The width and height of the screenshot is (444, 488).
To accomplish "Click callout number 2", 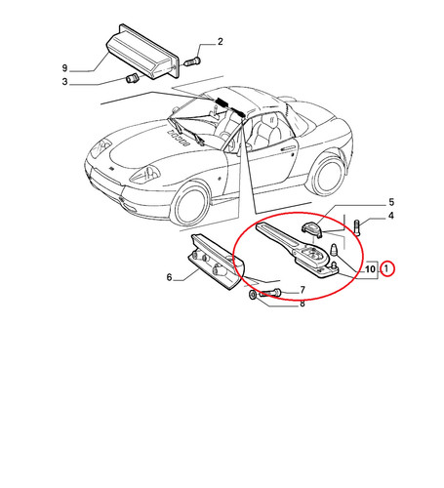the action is (x=221, y=42).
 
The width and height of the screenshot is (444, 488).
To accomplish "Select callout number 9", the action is (x=65, y=68).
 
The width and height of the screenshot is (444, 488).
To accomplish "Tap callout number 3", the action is (x=65, y=82).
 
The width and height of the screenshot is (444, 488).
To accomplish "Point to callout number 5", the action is (x=391, y=202).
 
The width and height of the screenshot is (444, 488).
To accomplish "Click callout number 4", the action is (x=391, y=216).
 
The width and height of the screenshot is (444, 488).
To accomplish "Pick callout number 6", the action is (x=169, y=277).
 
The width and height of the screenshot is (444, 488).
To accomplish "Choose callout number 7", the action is (x=303, y=290).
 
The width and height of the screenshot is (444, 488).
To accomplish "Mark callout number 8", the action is (x=303, y=304).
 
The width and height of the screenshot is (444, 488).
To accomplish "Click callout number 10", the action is (x=370, y=269).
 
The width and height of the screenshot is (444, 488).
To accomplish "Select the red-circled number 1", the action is (x=386, y=269).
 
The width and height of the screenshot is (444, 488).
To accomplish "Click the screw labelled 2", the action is (x=192, y=61).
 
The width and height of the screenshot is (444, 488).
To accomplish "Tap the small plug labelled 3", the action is (x=132, y=78).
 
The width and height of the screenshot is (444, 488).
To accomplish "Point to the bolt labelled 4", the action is (x=357, y=228).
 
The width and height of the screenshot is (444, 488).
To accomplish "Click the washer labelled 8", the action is (x=253, y=295).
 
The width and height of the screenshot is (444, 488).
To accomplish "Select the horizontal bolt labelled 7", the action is (x=270, y=293).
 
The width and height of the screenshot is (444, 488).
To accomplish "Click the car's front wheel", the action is (x=190, y=205).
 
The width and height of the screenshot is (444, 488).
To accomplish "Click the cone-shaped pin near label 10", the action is (x=334, y=249).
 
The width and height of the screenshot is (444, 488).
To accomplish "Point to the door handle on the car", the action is (x=287, y=148).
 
